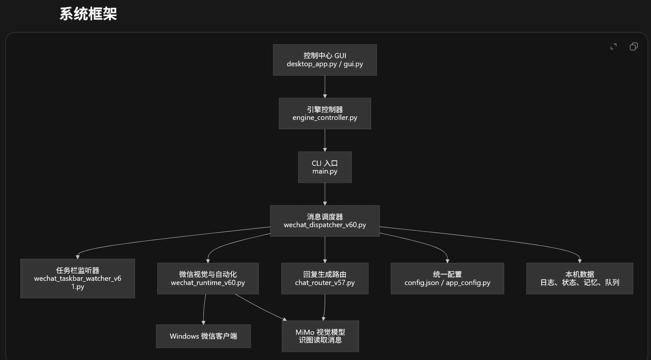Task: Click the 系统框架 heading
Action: (x=88, y=14)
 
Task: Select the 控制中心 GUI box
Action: (x=325, y=60)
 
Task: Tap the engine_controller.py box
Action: (x=325, y=113)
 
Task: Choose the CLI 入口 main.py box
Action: (x=325, y=167)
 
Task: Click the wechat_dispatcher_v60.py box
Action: (x=325, y=221)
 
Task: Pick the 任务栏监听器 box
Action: (x=78, y=278)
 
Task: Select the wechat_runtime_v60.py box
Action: (x=208, y=278)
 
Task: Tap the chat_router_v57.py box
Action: (x=325, y=278)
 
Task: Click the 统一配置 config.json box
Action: (x=447, y=278)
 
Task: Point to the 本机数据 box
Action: (x=580, y=278)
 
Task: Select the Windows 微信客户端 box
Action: (x=203, y=336)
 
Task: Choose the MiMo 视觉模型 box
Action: (x=320, y=336)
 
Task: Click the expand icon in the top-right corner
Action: (x=614, y=47)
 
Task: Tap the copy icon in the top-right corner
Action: (x=634, y=47)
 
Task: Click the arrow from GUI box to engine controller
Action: (x=325, y=87)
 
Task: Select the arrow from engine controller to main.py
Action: (x=325, y=140)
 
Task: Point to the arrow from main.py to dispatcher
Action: (x=325, y=194)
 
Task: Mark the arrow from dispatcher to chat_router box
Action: (x=325, y=249)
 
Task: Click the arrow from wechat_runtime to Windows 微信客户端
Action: (x=204, y=309)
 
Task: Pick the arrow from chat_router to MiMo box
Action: (x=324, y=307)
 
